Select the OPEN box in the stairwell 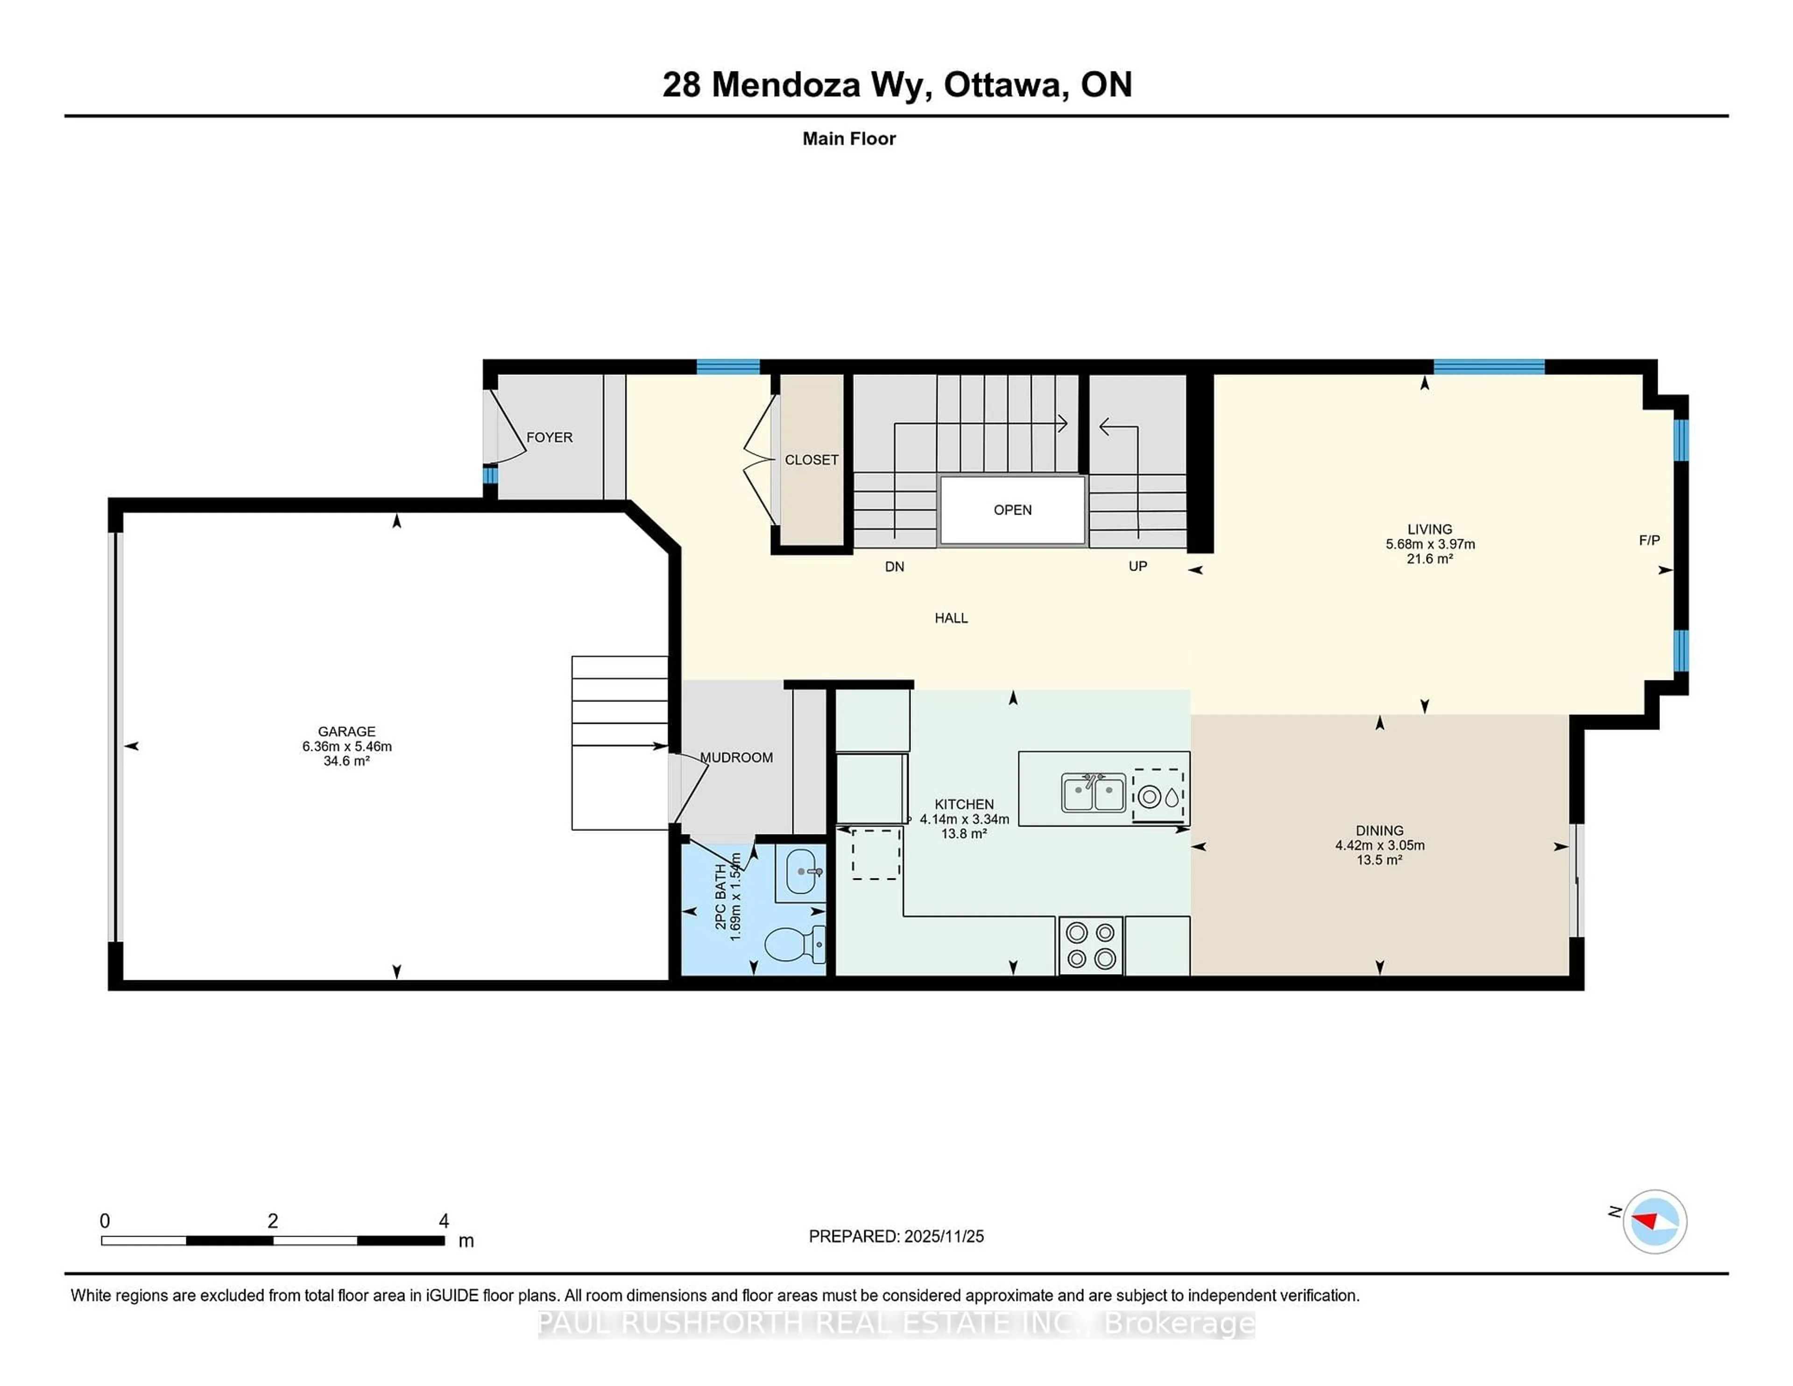1012,510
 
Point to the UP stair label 1137,566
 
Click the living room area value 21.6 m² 1429,559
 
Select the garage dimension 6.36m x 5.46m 346,746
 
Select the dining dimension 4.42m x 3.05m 1379,845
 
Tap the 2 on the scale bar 273,1221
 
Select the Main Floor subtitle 849,139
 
